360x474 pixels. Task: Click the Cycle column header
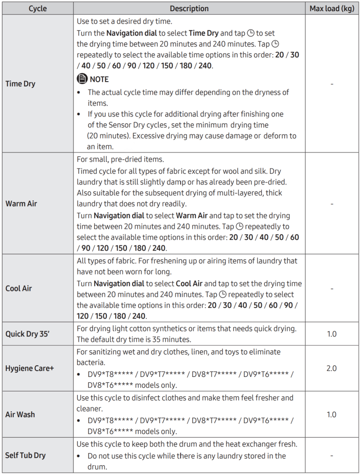coord(37,9)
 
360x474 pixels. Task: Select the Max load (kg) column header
coord(332,9)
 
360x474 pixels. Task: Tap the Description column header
coord(189,9)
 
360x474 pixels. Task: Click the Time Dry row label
coord(20,84)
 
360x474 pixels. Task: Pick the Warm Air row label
coord(21,203)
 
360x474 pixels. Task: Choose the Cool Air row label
coord(19,288)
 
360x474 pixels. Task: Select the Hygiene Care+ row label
coord(30,369)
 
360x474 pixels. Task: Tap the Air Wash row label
coord(20,415)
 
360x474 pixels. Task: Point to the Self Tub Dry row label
coord(25,456)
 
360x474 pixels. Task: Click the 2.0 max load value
coord(331,369)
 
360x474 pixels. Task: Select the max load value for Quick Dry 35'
coord(331,334)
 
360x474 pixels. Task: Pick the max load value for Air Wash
coord(331,415)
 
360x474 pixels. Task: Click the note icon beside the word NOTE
coord(82,79)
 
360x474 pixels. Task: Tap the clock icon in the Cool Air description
coord(223,295)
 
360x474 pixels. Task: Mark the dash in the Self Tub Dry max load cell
coord(331,456)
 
